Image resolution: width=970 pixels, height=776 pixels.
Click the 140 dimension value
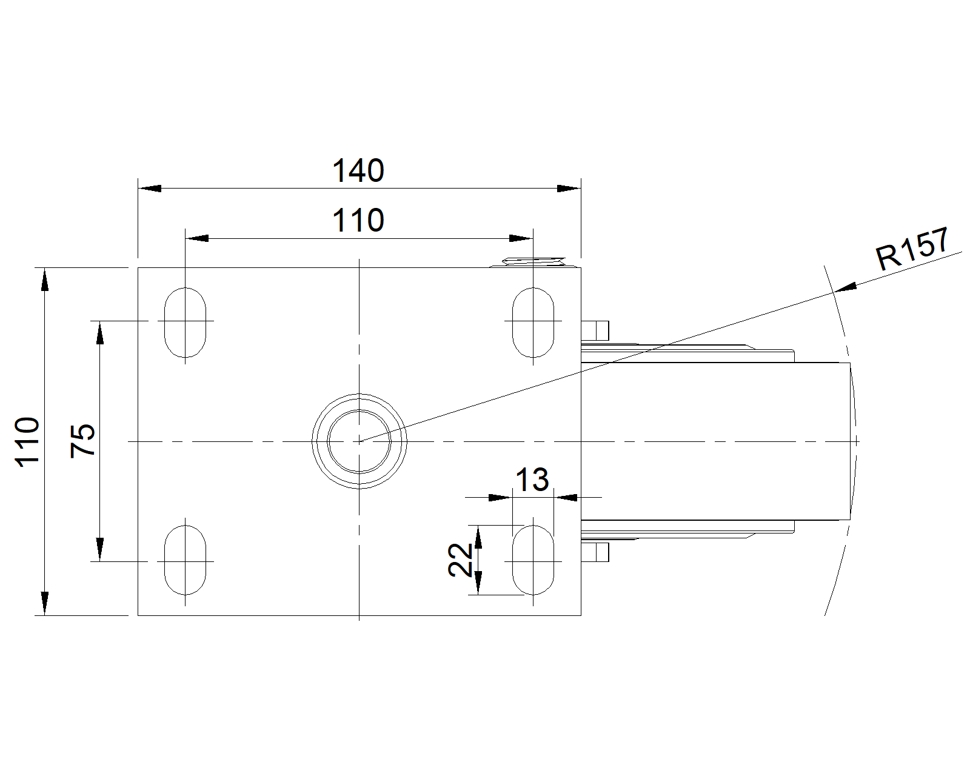tap(358, 170)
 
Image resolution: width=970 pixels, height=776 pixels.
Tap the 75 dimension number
tap(83, 441)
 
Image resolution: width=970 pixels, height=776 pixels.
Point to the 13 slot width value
tap(532, 480)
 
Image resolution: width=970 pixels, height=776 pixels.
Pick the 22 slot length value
tap(460, 560)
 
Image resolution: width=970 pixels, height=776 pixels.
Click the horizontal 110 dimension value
tap(358, 220)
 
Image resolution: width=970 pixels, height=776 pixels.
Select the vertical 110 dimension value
tap(27, 442)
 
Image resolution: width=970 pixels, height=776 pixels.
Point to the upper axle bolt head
tap(595, 331)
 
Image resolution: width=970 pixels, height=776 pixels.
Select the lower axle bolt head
tap(595, 552)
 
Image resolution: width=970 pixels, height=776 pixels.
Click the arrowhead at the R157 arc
tap(845, 287)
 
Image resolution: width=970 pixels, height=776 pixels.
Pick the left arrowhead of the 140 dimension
tap(149, 189)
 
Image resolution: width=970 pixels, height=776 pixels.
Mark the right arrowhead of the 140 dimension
tap(569, 189)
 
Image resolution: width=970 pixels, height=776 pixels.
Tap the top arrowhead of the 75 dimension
tap(100, 332)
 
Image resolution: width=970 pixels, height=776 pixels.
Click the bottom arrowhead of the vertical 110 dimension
tap(45, 604)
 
